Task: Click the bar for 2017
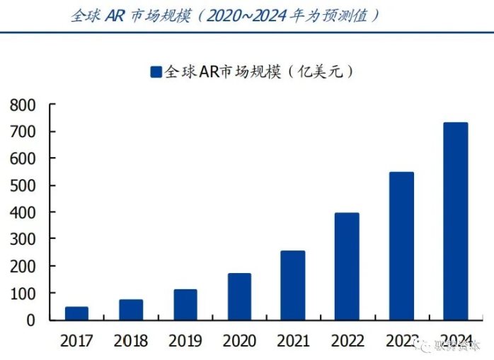[76, 313]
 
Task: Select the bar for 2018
[131, 310]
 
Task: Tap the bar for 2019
[185, 305]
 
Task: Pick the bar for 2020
[239, 297]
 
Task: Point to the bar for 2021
[293, 286]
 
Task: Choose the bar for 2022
[347, 267]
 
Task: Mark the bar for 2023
[401, 246]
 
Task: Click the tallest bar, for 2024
[455, 221]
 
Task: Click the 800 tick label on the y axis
[23, 105]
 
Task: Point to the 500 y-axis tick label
[23, 186]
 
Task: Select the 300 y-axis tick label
[23, 240]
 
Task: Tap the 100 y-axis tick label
[23, 294]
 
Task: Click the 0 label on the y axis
[30, 320]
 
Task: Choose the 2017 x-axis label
[76, 342]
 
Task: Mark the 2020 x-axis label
[239, 342]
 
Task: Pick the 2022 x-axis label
[347, 342]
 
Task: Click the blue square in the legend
[156, 71]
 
